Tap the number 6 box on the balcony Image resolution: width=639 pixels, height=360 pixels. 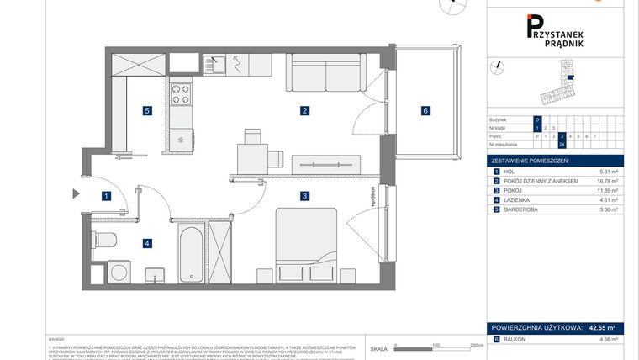tap(426, 110)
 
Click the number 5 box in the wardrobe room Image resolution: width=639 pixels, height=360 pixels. tap(147, 110)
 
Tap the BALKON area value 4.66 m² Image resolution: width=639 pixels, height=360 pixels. tap(608, 339)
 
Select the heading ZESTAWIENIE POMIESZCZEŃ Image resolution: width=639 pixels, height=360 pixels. tap(531, 160)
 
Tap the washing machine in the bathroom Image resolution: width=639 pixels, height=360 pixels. tap(120, 271)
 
